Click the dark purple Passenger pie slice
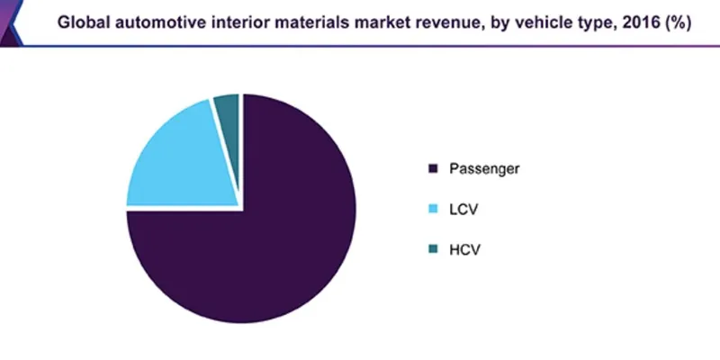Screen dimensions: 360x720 coord(270,243)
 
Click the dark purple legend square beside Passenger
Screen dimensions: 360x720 coord(433,168)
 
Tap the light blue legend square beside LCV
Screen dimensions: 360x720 coord(433,209)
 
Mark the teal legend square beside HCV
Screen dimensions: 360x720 coord(433,249)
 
